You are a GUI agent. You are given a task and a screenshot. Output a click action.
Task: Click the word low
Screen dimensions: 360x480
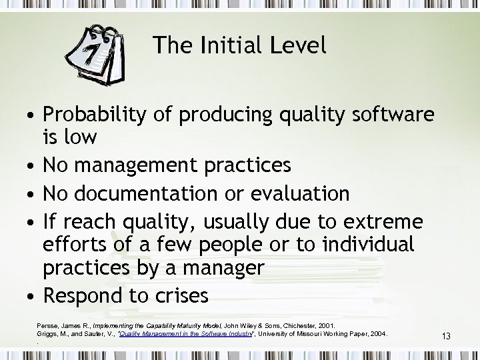coord(81,137)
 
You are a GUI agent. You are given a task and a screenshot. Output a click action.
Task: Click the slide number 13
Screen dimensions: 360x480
coord(446,337)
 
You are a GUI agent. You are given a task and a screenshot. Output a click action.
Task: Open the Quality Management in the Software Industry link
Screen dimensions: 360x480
coord(176,333)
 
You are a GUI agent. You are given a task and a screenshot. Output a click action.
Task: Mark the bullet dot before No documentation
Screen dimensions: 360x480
coord(31,194)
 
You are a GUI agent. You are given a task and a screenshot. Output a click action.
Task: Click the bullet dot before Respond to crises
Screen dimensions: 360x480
coord(31,295)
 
